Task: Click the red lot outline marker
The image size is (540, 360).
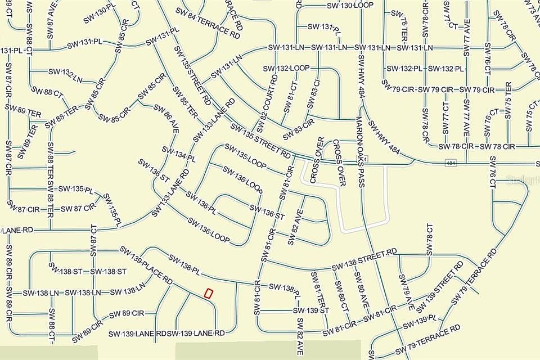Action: (x=208, y=293)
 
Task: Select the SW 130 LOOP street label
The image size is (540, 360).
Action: (x=350, y=5)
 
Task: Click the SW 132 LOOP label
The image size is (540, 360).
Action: (x=286, y=68)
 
